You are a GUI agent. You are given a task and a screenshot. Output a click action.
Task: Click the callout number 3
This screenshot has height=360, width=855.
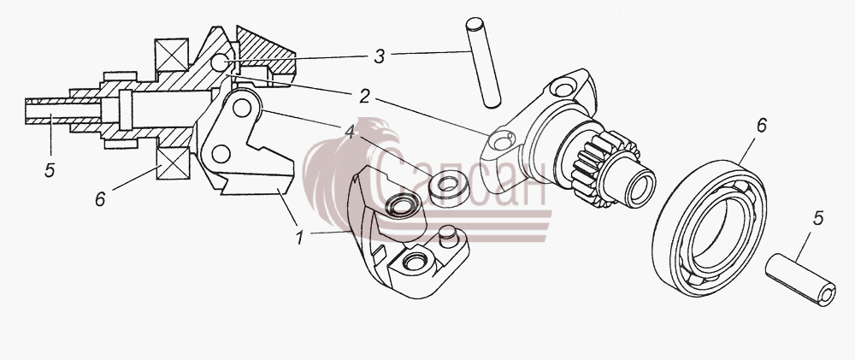pyautogui.click(x=380, y=56)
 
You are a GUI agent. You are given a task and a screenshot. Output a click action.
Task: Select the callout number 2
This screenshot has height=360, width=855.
pyautogui.click(x=365, y=97)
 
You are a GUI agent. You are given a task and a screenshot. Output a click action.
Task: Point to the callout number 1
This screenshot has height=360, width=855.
pyautogui.click(x=299, y=238)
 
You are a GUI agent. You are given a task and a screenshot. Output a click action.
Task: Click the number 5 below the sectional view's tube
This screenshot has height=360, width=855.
pyautogui.click(x=50, y=171)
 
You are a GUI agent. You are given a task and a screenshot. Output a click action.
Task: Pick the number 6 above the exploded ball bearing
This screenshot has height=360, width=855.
pyautogui.click(x=761, y=126)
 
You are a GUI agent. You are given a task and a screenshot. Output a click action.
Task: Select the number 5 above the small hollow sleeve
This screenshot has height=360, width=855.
pyautogui.click(x=818, y=218)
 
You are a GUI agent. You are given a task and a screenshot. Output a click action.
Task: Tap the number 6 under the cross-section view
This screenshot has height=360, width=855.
pyautogui.click(x=100, y=199)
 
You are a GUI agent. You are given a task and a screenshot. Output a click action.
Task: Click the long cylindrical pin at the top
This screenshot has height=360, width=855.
pyautogui.click(x=483, y=62)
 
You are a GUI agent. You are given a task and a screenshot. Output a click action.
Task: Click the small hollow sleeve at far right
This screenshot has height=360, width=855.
pyautogui.click(x=800, y=280)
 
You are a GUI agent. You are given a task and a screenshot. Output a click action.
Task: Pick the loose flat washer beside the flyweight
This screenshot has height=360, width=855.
pyautogui.click(x=448, y=187)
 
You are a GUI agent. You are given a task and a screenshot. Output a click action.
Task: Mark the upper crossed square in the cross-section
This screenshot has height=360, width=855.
pyautogui.click(x=172, y=56)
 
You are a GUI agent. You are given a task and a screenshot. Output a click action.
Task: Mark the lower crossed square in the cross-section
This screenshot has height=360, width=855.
pyautogui.click(x=173, y=163)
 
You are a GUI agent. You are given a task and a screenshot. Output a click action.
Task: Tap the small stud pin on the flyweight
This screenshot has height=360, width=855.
pyautogui.click(x=449, y=237)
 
